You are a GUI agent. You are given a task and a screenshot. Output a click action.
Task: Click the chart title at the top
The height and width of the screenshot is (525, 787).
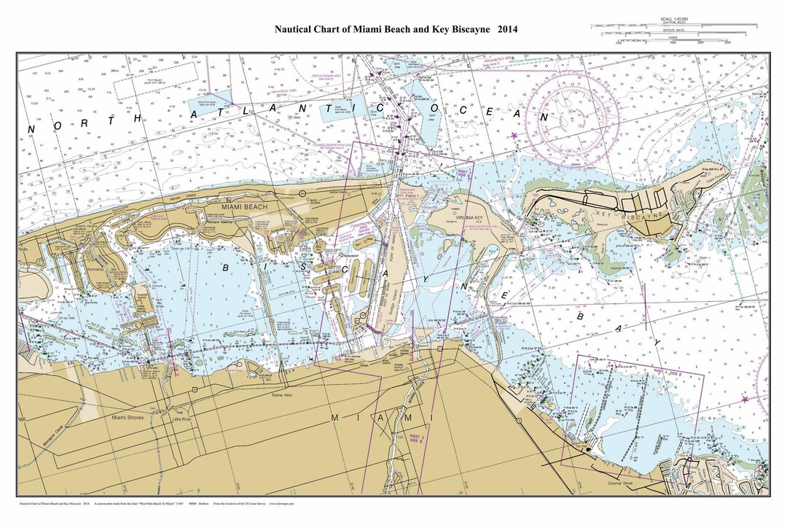pyautogui.click(x=396, y=30)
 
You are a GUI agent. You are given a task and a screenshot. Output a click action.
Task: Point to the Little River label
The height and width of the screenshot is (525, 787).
pyautogui.click(x=176, y=420)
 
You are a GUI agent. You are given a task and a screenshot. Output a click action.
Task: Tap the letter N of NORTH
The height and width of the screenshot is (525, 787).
pyautogui.click(x=31, y=130)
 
